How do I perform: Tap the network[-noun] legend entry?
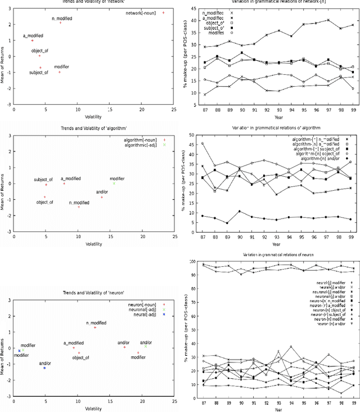pyautogui.click(x=142, y=12)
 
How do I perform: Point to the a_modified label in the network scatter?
pyautogui.click(x=32, y=35)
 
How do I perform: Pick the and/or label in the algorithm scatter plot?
pyautogui.click(x=102, y=191)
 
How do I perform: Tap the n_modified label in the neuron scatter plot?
pyautogui.click(x=95, y=323)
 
